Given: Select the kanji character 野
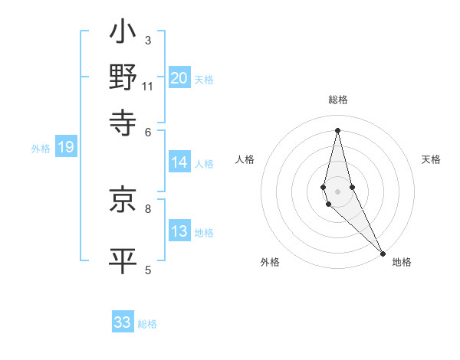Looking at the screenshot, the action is [x=123, y=77].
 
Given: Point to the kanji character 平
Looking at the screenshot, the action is [x=123, y=260].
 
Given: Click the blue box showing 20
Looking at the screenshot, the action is [x=179, y=77].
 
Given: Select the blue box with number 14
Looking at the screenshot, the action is [x=179, y=162].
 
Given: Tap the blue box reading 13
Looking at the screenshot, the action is [x=179, y=231].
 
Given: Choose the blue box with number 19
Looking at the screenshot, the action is [x=66, y=148].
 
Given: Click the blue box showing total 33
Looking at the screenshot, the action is [x=123, y=322].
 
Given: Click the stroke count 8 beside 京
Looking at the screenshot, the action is [x=148, y=208].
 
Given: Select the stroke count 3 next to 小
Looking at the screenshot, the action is [x=148, y=39].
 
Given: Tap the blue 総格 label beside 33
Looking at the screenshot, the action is [x=147, y=324].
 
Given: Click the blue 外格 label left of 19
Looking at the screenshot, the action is [x=41, y=149].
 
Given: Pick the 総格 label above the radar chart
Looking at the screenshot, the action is [x=337, y=100].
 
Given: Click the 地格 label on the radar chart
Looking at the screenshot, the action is [x=402, y=262].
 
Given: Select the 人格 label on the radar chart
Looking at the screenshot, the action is [x=245, y=159].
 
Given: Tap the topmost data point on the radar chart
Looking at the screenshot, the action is [x=337, y=129].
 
